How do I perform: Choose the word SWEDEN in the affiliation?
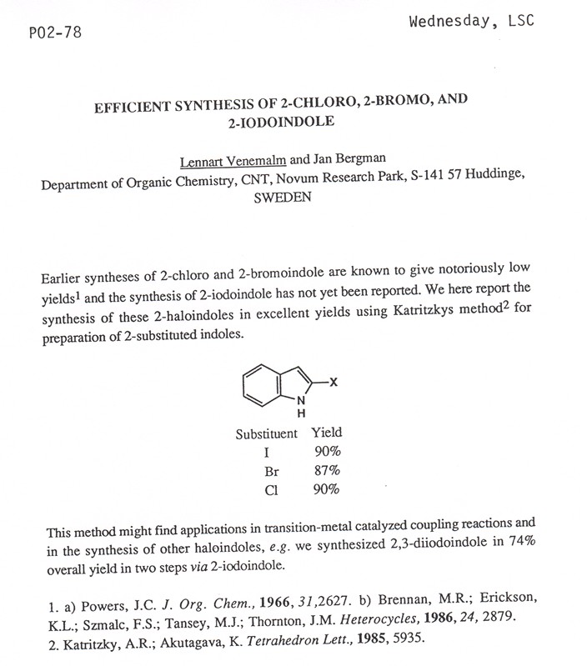[x=288, y=199]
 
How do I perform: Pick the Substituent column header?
[x=266, y=433]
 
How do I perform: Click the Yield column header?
[x=326, y=433]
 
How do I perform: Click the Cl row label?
[x=270, y=490]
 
